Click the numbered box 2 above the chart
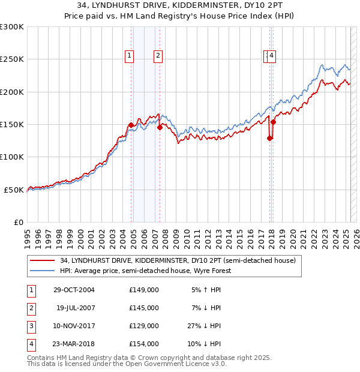point(158,56)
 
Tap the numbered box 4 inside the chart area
point(272,56)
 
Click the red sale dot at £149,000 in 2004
point(131,125)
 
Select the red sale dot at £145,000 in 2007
point(160,127)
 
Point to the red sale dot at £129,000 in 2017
point(269,138)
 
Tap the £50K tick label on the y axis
point(14,190)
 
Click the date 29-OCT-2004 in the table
point(74,290)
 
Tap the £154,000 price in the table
point(144,344)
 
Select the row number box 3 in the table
point(31,326)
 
